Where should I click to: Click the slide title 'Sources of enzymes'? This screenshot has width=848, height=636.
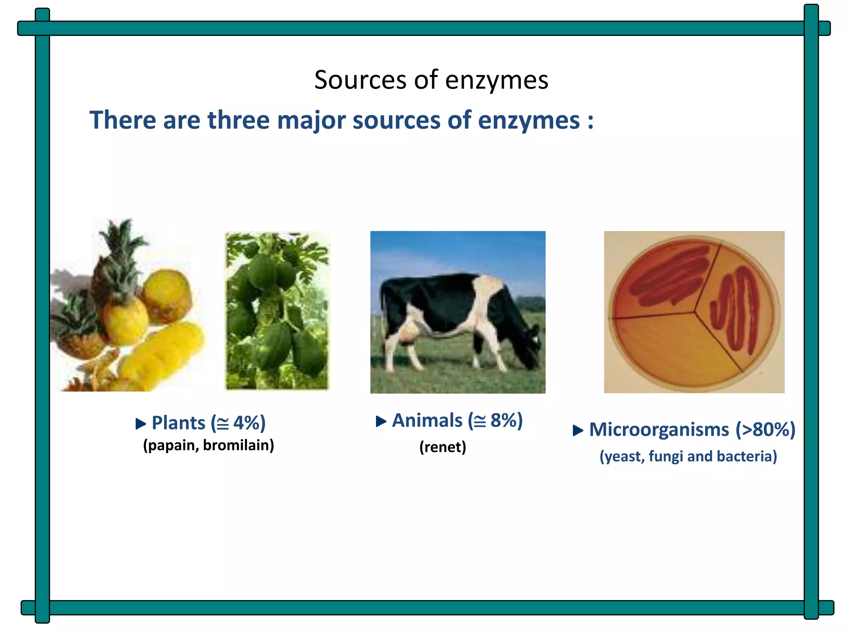tap(431, 79)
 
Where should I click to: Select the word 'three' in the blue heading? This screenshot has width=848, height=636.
tap(238, 120)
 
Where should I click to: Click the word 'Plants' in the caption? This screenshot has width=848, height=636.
tap(178, 423)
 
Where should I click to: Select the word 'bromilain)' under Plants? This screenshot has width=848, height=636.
tap(238, 446)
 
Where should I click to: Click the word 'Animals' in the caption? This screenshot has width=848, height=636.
tap(427, 421)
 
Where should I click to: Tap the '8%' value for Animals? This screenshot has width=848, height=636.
tap(503, 421)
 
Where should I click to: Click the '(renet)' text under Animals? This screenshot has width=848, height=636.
tap(443, 447)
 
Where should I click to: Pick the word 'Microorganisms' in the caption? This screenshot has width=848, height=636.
tap(659, 430)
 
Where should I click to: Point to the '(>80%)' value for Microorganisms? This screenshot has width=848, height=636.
tap(765, 430)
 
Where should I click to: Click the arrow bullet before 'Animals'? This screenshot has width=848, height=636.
tap(381, 422)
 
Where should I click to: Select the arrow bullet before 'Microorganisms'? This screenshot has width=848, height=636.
tap(578, 431)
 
